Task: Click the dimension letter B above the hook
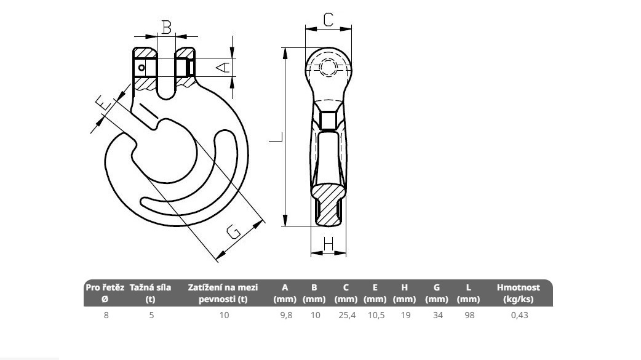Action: pos(166,28)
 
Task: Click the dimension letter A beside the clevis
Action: pos(223,66)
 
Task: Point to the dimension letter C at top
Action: pos(328,19)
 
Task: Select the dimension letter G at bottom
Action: pos(233,231)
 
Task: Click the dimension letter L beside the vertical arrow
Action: pos(276,137)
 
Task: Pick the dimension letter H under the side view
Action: pos(328,244)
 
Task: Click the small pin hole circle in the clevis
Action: pos(141,68)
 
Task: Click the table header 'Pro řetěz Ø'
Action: pos(105,293)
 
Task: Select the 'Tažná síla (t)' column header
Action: pos(151,293)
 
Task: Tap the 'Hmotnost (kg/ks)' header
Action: pos(519,293)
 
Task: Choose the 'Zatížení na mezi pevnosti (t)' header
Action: pos(223,293)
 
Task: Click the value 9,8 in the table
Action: pos(286,315)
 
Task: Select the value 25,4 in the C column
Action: pos(347,315)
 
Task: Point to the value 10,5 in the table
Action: pos(376,315)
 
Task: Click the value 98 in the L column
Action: pos(469,315)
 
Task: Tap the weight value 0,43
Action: pos(520,315)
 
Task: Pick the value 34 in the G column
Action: pos(438,315)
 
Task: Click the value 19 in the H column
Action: pos(405,315)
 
